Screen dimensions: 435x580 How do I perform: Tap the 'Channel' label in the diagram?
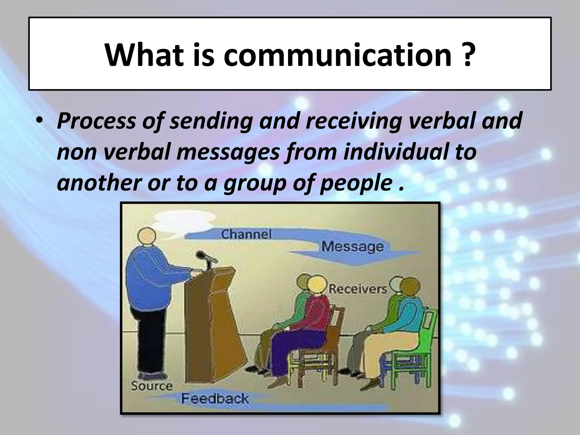(x=246, y=234)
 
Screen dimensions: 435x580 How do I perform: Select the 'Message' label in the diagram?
(x=352, y=246)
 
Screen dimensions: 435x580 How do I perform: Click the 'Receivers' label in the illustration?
(x=357, y=289)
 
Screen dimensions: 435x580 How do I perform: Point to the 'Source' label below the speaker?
(x=152, y=386)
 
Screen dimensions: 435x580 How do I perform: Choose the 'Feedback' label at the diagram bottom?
(x=215, y=398)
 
